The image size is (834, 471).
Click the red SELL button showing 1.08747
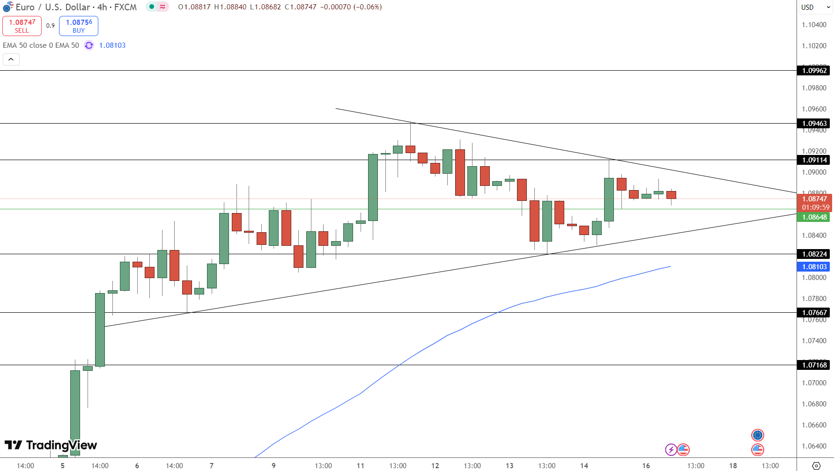(22, 26)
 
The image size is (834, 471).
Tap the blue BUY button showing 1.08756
(79, 26)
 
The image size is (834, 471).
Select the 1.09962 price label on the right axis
(814, 71)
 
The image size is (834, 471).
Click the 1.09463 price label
(814, 124)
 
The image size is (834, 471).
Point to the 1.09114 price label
(814, 160)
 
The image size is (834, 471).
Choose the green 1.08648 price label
(814, 217)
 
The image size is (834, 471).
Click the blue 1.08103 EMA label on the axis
(814, 267)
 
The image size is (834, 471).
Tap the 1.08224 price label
(814, 254)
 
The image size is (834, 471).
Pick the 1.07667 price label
(814, 313)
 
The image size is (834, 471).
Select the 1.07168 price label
(814, 365)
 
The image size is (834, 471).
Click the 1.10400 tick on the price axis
(814, 25)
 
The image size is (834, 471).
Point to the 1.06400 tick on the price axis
(814, 446)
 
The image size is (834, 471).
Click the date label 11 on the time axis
(360, 465)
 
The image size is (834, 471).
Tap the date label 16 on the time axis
(646, 465)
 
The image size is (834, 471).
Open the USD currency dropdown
(815, 7)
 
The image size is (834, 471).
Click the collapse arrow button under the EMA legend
(11, 59)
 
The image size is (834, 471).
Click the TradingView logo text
(61, 445)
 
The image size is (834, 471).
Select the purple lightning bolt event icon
(671, 450)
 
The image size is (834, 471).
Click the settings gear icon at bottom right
(816, 466)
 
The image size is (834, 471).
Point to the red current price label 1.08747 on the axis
(815, 199)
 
